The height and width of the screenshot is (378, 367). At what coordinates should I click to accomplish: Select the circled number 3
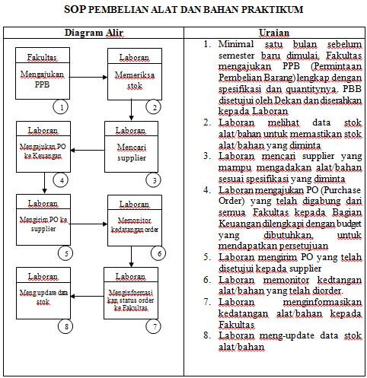click(155, 179)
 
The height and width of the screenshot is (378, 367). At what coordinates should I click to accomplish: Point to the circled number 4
click(56, 179)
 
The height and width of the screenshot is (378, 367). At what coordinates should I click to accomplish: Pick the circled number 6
click(158, 253)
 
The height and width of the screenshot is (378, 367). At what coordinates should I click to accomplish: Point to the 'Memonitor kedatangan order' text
click(135, 226)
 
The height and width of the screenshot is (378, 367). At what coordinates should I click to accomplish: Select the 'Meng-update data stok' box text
click(43, 297)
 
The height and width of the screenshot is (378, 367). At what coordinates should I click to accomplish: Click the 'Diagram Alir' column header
click(94, 34)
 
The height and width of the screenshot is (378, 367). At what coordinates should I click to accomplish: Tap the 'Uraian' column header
click(274, 34)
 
